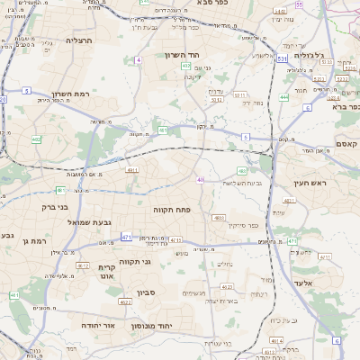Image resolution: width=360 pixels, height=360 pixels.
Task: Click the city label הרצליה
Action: coord(80,40)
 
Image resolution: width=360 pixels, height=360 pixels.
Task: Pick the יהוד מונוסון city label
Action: coord(169,325)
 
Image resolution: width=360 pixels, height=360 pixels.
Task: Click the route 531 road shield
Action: coord(283,58)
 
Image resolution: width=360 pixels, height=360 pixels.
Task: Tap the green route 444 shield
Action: coord(284,96)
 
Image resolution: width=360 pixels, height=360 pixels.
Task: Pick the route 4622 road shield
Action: coord(126,301)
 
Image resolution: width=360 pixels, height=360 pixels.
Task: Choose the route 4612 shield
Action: coord(83,266)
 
